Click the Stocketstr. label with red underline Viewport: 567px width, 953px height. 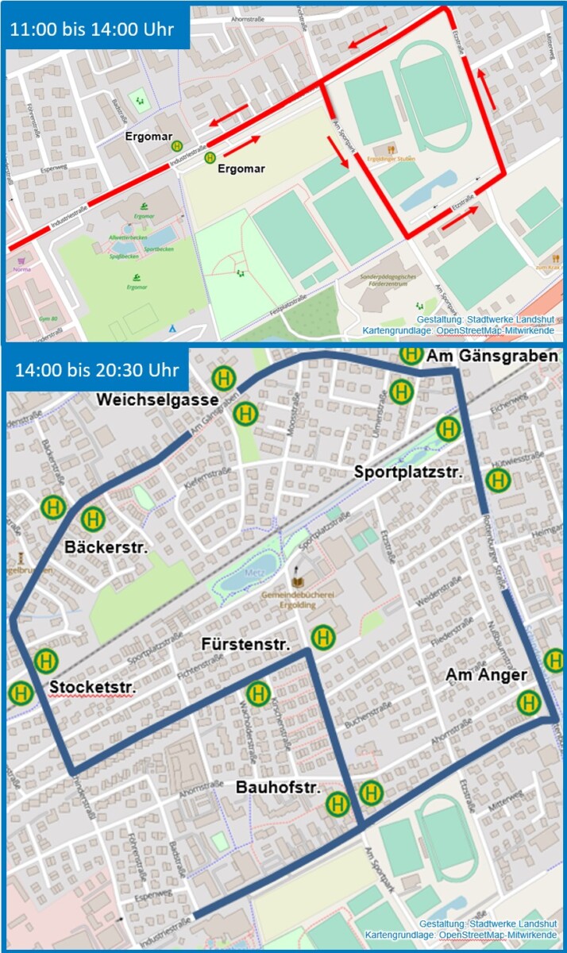click(x=92, y=685)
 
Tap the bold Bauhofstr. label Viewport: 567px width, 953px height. click(x=277, y=788)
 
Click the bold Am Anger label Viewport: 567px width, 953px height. click(x=486, y=675)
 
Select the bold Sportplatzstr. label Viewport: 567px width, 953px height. click(x=408, y=472)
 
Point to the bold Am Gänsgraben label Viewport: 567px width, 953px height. click(x=492, y=357)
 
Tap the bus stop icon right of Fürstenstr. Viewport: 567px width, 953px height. click(x=322, y=637)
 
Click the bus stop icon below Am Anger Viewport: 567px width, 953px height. click(x=528, y=703)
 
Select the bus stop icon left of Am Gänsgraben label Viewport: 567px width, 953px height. click(x=411, y=354)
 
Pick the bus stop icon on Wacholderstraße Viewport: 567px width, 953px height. click(x=258, y=694)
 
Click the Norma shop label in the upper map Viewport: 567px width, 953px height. click(x=21, y=268)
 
